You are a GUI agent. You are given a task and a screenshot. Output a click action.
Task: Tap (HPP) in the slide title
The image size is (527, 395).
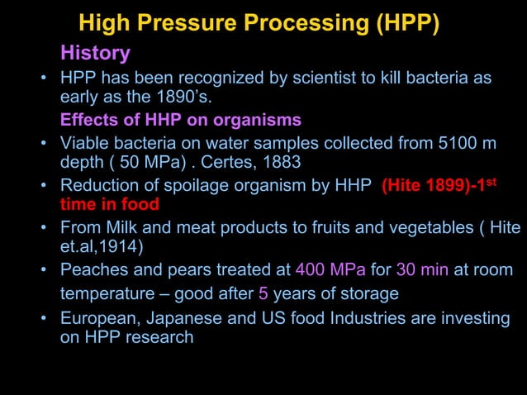coord(406,22)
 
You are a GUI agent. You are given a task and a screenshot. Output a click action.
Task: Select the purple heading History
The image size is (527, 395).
coord(95,54)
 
